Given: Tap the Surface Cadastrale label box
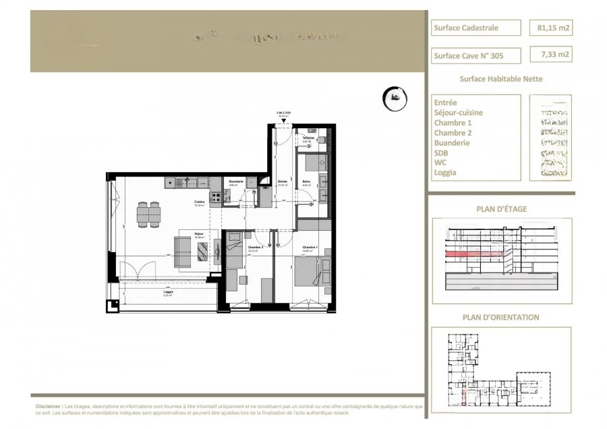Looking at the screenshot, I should tap(475, 28).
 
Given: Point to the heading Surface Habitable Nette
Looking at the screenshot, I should tap(500, 78).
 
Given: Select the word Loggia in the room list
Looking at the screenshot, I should tap(445, 172).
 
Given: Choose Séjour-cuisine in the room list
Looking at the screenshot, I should tap(459, 113).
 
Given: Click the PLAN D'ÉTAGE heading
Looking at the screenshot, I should tap(500, 208).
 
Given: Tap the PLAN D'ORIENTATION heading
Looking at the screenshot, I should tap(500, 316).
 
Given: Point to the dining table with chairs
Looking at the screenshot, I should tap(148, 214).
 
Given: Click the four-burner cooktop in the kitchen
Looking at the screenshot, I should tap(217, 198).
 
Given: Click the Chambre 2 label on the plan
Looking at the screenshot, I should tap(254, 248).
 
